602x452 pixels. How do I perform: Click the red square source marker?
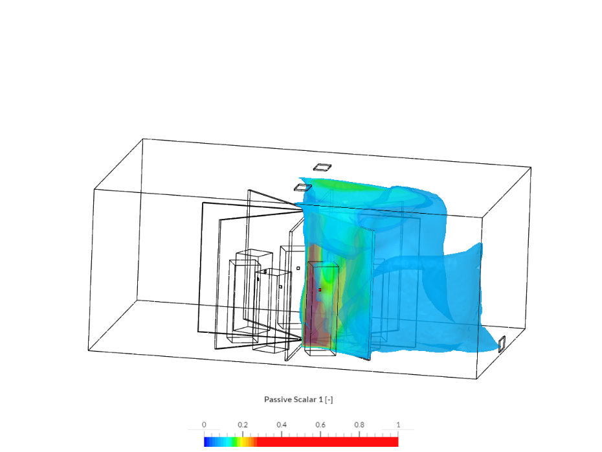click(x=319, y=289)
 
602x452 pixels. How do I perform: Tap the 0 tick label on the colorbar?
click(x=204, y=425)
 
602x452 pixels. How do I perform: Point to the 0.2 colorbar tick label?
click(x=243, y=425)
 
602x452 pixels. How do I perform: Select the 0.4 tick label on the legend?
click(x=282, y=425)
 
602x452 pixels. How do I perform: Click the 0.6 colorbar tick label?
click(x=320, y=425)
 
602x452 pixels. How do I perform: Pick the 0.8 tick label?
click(x=359, y=425)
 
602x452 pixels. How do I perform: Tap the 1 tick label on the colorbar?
click(x=398, y=425)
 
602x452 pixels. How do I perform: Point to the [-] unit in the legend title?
click(x=329, y=400)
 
